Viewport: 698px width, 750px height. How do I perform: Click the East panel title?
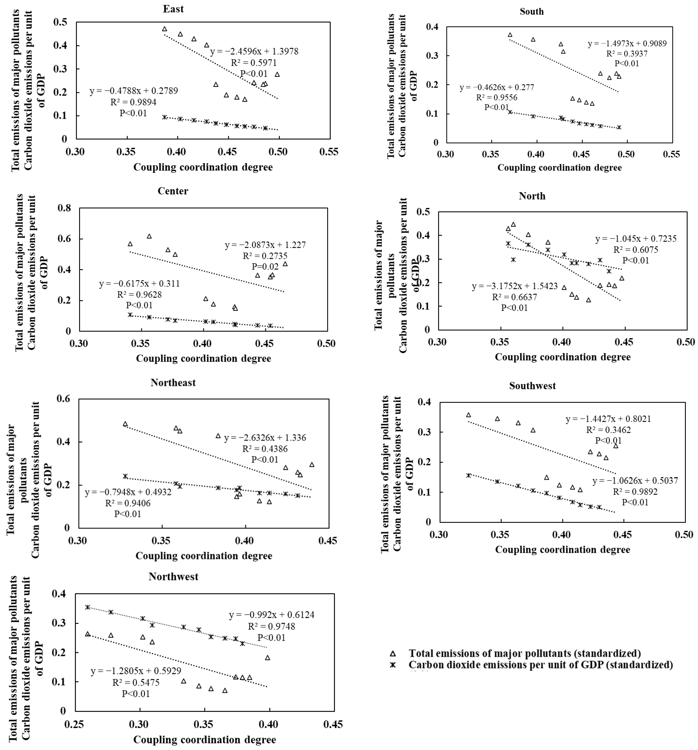pyautogui.click(x=173, y=9)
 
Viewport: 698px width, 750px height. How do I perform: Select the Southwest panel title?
pyautogui.click(x=532, y=386)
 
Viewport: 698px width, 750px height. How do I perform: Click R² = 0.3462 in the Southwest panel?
pyautogui.click(x=608, y=430)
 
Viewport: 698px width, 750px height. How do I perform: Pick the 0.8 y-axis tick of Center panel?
pyautogui.click(x=64, y=208)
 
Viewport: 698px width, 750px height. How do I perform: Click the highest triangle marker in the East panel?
pyautogui.click(x=164, y=29)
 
